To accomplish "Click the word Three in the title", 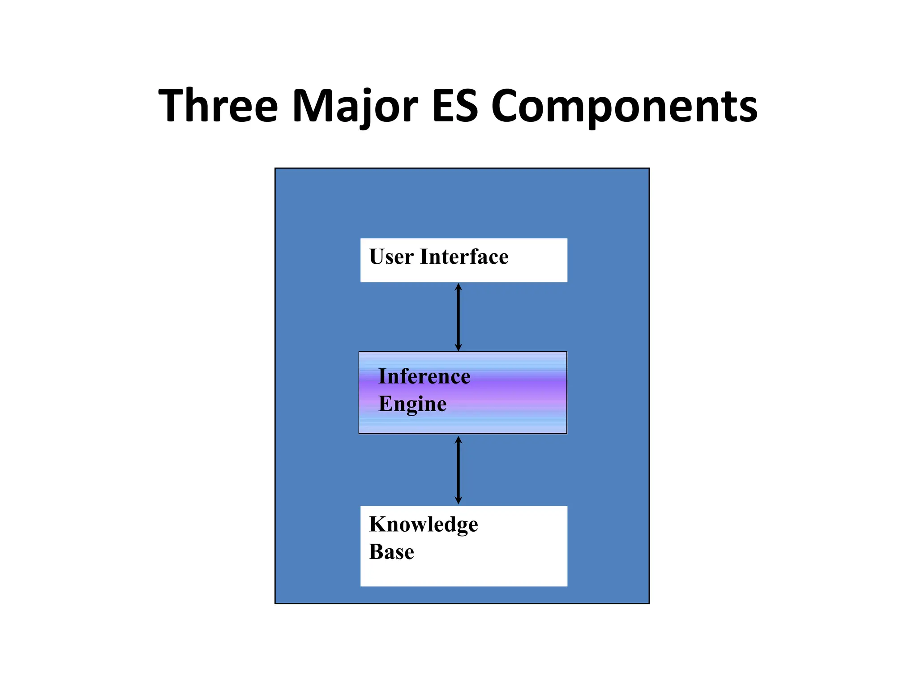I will click(x=219, y=106).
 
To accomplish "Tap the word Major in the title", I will click(x=355, y=106).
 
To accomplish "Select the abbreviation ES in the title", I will click(x=455, y=106).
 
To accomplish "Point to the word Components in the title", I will click(x=624, y=106).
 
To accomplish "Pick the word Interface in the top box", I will click(x=464, y=257).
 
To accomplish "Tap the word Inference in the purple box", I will click(x=424, y=376).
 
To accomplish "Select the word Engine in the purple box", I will click(x=412, y=404).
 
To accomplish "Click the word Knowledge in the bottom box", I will click(x=424, y=525).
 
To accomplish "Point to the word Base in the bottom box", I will click(x=391, y=552).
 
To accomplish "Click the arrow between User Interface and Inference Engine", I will click(x=458, y=317).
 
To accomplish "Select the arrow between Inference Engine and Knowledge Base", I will click(x=458, y=470).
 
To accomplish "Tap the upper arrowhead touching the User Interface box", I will click(x=458, y=287).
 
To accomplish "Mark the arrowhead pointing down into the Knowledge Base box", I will click(x=458, y=500).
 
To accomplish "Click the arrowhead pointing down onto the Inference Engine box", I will click(x=458, y=347).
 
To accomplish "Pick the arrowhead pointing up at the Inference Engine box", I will click(x=458, y=440).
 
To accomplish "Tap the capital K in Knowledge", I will click(x=378, y=524).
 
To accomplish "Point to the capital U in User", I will click(x=378, y=257).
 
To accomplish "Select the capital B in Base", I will click(x=377, y=552).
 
